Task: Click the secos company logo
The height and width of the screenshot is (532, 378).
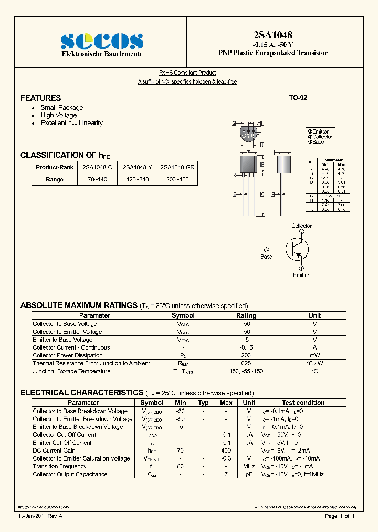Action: (x=102, y=40)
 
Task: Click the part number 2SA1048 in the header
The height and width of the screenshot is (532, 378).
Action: (x=272, y=35)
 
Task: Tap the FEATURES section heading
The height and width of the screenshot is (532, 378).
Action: (x=40, y=98)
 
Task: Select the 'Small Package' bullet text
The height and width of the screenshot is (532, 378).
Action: (x=62, y=108)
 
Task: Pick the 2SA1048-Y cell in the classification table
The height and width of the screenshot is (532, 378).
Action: (x=138, y=167)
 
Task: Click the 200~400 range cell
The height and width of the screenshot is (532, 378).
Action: (x=177, y=179)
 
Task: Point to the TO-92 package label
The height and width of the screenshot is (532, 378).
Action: (x=298, y=98)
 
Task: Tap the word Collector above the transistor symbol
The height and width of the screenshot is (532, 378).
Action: (x=301, y=226)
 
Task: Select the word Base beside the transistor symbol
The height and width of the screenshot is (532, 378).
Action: (x=267, y=257)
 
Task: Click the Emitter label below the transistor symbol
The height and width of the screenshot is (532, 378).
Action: (x=301, y=275)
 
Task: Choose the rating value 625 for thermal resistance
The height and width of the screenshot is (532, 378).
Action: (x=246, y=363)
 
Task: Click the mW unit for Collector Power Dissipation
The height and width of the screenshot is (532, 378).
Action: (x=314, y=355)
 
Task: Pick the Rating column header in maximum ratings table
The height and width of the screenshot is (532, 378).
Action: (x=246, y=315)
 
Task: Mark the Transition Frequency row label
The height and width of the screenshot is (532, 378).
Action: (x=59, y=466)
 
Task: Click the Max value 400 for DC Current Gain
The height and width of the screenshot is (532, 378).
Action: (x=226, y=451)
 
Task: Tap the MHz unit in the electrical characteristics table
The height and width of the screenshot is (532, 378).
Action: (x=249, y=466)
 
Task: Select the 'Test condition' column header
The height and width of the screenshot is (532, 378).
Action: (x=303, y=403)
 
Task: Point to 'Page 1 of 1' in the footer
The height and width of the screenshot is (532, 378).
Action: (x=340, y=516)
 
